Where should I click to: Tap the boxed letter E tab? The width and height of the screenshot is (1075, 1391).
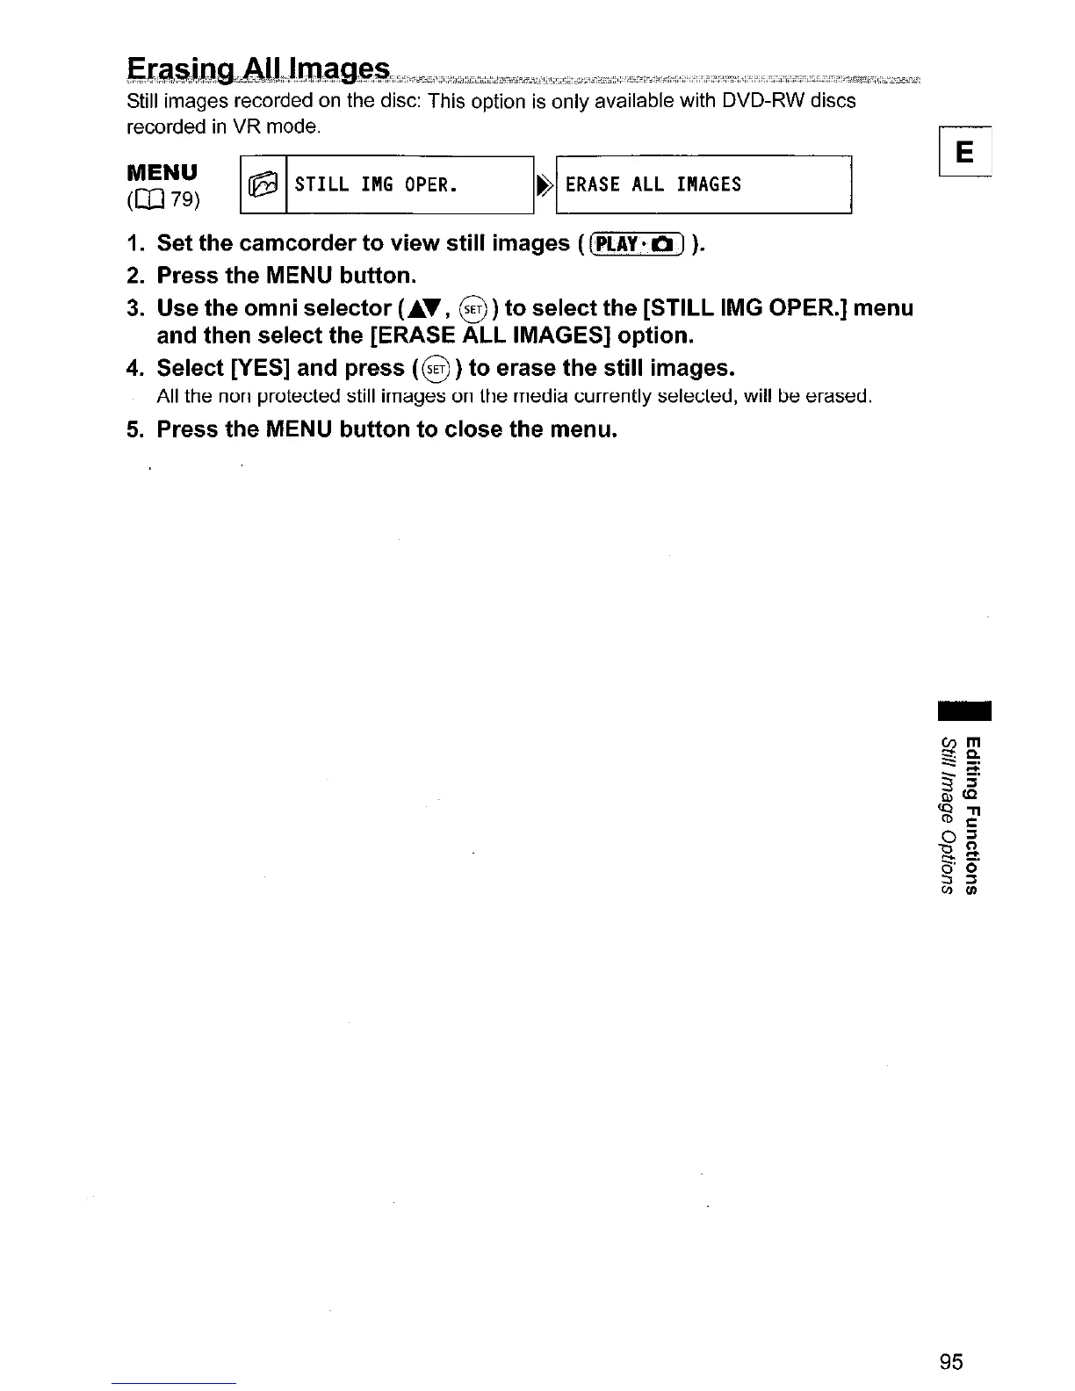pos(963,154)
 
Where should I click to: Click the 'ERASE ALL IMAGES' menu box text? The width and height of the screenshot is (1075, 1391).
pos(653,184)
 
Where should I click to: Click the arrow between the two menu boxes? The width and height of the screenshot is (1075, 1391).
pos(545,184)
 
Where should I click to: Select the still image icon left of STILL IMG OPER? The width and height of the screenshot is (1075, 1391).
pos(263,184)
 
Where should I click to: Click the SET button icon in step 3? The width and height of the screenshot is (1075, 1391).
pos(473,309)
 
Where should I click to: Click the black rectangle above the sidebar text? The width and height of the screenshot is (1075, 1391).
pos(963,711)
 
